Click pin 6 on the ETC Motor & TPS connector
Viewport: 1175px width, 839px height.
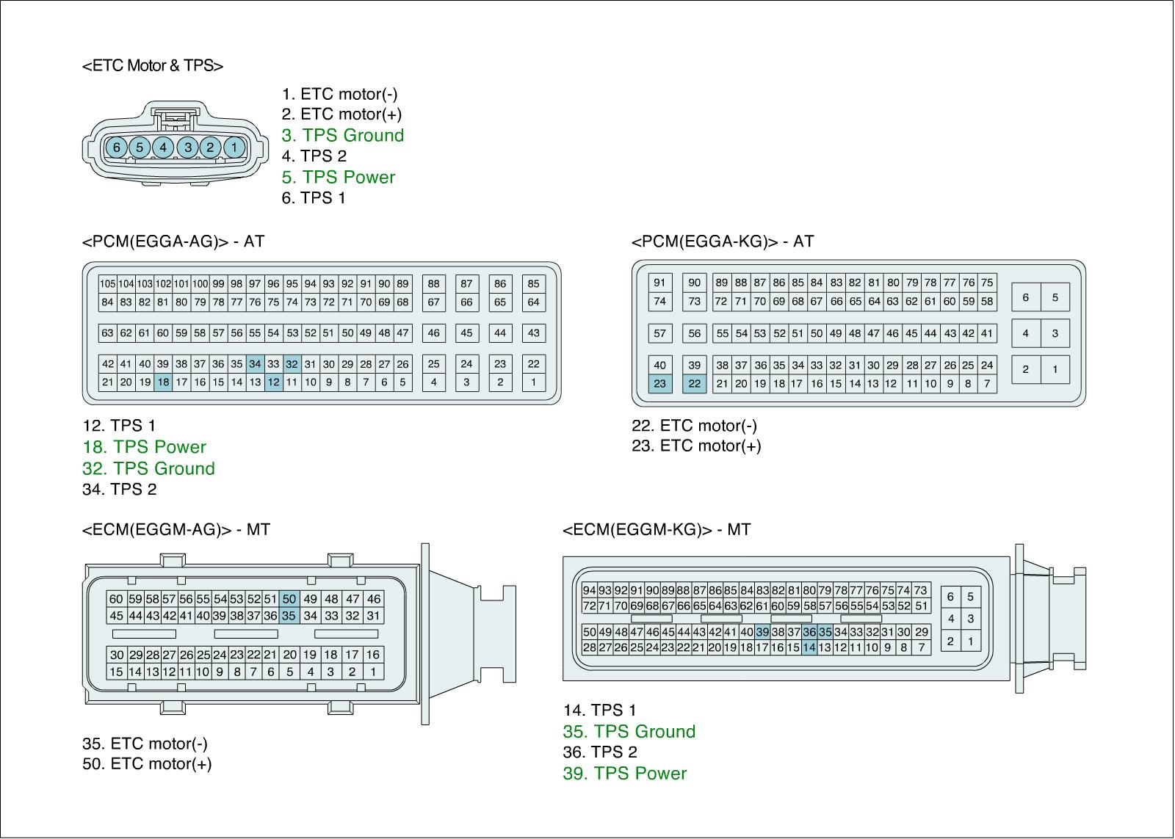pos(116,148)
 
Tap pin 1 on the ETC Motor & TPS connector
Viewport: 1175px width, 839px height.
pos(234,148)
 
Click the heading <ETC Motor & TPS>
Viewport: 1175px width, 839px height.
pos(153,65)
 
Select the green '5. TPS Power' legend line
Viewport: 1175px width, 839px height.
pos(339,177)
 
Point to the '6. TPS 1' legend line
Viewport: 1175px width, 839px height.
pos(314,197)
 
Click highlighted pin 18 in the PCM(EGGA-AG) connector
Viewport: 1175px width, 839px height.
pos(163,382)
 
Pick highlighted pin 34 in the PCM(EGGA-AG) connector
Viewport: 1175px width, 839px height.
pos(255,363)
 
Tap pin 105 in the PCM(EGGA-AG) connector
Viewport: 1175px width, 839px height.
pos(107,283)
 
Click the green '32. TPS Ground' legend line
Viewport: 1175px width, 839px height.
pos(148,468)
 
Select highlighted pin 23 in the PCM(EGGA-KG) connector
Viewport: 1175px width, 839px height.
pos(659,383)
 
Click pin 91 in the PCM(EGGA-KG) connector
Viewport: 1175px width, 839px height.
pos(659,283)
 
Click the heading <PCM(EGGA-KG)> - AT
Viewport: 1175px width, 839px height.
pos(723,241)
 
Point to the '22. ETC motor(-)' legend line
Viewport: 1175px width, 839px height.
pos(694,425)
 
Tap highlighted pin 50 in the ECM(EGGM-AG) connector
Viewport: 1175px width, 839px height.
pos(289,599)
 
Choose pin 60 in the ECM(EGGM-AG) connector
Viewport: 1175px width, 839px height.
pos(116,599)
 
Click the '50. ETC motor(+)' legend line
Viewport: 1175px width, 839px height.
pos(147,763)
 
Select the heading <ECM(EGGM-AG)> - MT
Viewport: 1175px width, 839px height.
pos(176,529)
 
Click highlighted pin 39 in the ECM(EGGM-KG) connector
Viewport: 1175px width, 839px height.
pos(762,632)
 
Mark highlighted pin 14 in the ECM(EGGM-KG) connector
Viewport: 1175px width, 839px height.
pos(809,647)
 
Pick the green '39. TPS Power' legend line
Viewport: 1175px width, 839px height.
pos(624,773)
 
